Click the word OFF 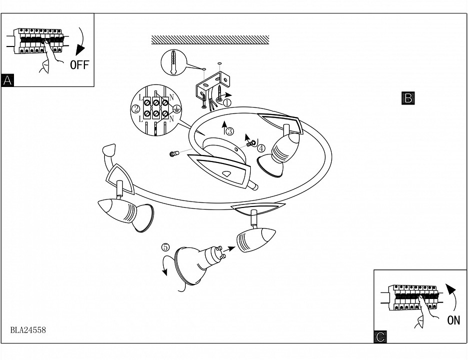pyautogui.click(x=79, y=65)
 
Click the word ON pyautogui.click(x=454, y=320)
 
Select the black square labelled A pyautogui.click(x=8, y=80)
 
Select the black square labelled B pyautogui.click(x=408, y=98)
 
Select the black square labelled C pyautogui.click(x=380, y=337)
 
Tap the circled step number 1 pyautogui.click(x=227, y=102)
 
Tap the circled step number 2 pyautogui.click(x=135, y=108)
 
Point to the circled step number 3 pyautogui.click(x=229, y=131)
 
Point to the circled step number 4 pyautogui.click(x=261, y=147)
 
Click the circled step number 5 pyautogui.click(x=166, y=247)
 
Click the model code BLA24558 pyautogui.click(x=28, y=330)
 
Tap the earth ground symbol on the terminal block pyautogui.click(x=176, y=108)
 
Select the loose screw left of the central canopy pyautogui.click(x=174, y=154)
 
